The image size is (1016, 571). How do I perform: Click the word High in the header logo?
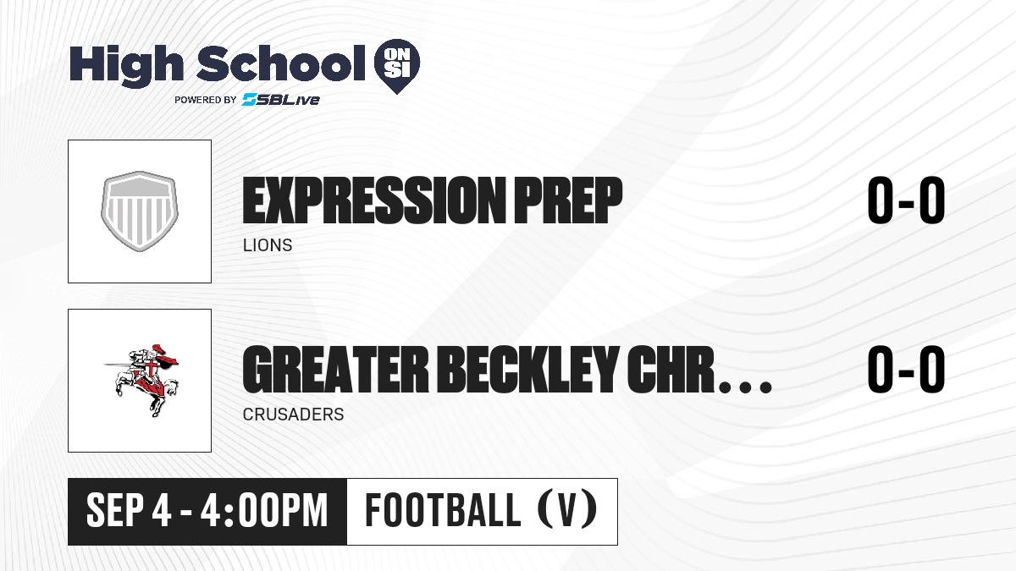tap(126, 66)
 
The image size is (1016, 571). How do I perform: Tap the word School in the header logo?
tap(281, 63)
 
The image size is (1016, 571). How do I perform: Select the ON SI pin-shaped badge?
tap(397, 66)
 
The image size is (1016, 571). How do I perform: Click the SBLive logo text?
tap(281, 100)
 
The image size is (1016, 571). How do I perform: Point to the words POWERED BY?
tap(206, 100)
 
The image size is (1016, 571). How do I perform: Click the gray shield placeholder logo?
tap(140, 211)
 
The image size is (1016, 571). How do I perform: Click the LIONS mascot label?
tap(268, 245)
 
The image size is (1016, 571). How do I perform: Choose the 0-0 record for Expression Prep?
tap(906, 200)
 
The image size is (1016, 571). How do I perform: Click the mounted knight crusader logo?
tap(141, 380)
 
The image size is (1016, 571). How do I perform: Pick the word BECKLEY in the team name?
tap(528, 370)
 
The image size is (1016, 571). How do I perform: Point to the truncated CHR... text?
tap(699, 370)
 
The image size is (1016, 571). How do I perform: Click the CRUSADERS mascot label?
tap(294, 415)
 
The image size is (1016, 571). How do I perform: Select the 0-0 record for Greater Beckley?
tap(906, 370)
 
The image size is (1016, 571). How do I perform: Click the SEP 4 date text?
tap(129, 511)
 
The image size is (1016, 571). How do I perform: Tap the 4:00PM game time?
tap(264, 511)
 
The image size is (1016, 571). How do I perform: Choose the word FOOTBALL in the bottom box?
tap(443, 510)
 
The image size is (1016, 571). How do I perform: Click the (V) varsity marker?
tap(567, 510)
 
